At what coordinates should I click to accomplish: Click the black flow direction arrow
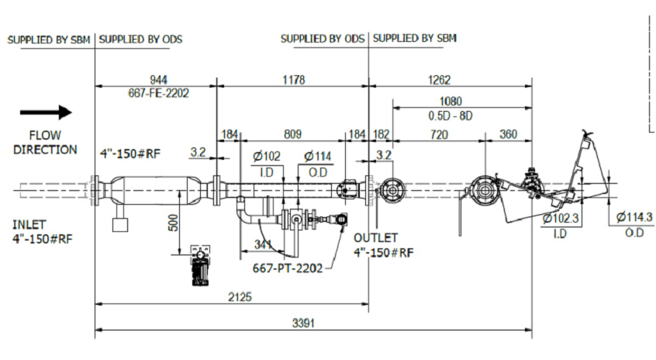(46, 112)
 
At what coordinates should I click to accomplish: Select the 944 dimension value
(158, 80)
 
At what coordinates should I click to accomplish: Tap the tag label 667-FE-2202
(158, 93)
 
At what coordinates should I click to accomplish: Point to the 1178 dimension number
(294, 80)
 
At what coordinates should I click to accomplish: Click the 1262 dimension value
(440, 80)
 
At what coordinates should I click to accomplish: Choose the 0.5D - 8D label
(451, 116)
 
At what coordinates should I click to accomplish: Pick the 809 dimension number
(293, 134)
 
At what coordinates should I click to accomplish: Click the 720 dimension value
(439, 134)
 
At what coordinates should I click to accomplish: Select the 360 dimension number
(509, 134)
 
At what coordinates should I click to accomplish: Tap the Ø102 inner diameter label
(267, 156)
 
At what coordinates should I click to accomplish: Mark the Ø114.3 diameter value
(634, 216)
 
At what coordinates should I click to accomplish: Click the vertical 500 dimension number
(173, 222)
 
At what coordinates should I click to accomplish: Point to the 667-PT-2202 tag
(288, 268)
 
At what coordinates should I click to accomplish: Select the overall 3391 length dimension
(303, 324)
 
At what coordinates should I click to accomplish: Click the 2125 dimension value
(240, 297)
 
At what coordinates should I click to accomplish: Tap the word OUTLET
(376, 237)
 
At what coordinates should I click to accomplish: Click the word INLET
(29, 224)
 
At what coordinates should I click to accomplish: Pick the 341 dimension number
(263, 244)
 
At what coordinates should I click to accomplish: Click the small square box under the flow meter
(120, 224)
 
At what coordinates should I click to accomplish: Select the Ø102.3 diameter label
(561, 218)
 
